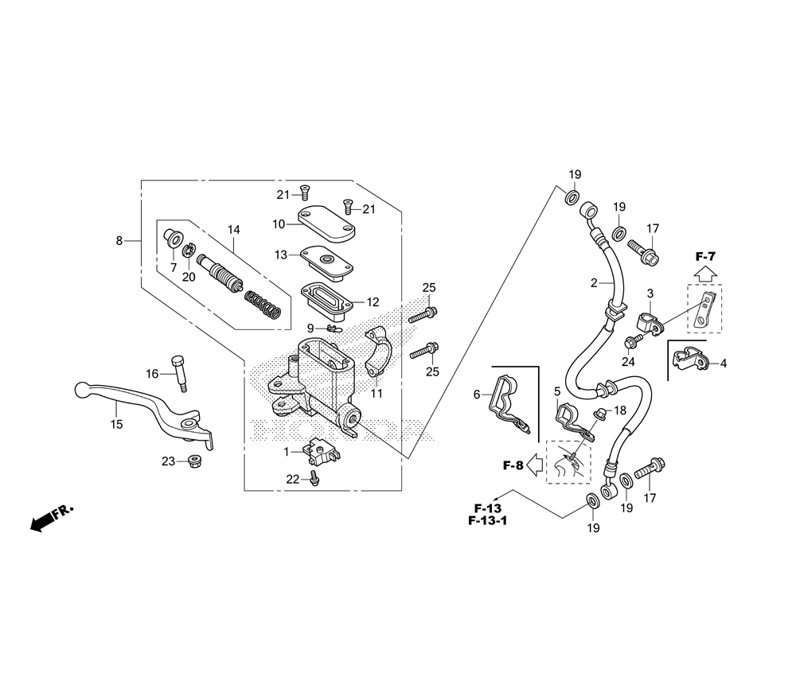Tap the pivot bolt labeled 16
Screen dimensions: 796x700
pyautogui.click(x=178, y=373)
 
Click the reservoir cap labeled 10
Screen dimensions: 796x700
pyautogui.click(x=326, y=224)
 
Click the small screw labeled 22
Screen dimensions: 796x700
pyautogui.click(x=314, y=479)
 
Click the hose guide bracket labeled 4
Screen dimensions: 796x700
pyautogui.click(x=690, y=358)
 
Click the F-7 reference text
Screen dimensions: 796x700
pyautogui.click(x=704, y=257)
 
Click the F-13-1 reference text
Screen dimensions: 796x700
pyautogui.click(x=487, y=521)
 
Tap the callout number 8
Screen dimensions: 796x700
pyautogui.click(x=119, y=241)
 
